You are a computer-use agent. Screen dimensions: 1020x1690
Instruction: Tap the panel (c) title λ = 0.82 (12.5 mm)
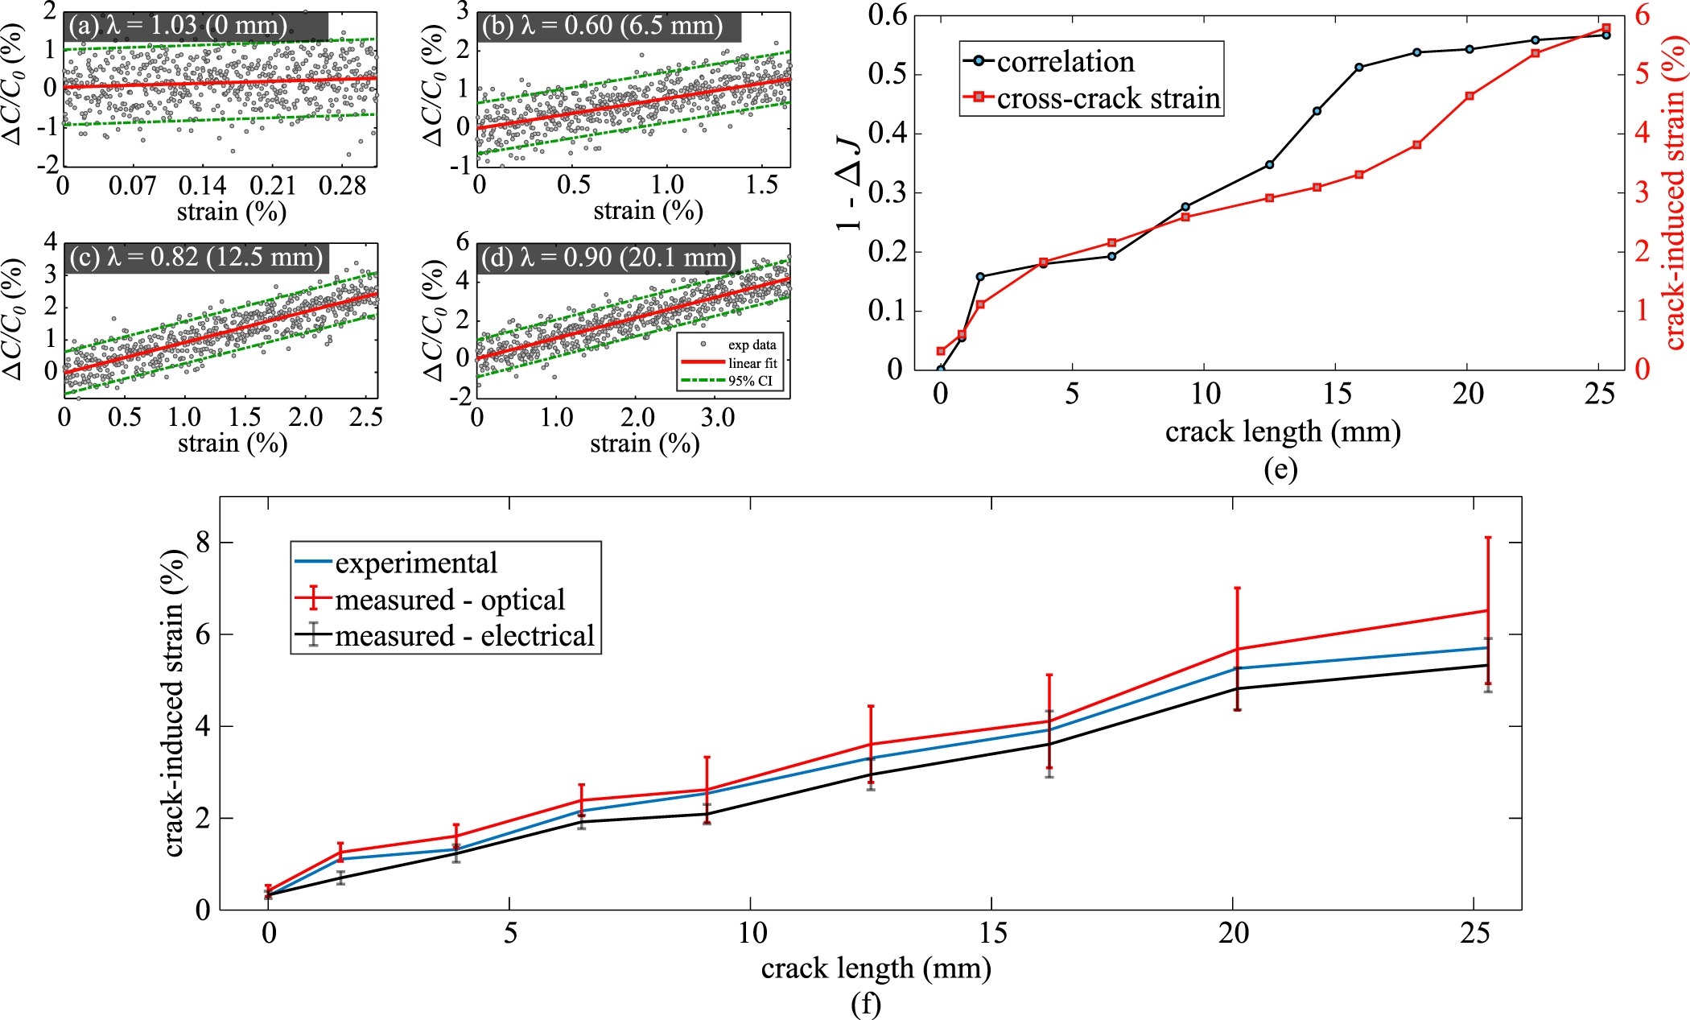pyautogui.click(x=196, y=257)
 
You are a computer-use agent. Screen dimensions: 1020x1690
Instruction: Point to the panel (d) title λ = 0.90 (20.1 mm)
pyautogui.click(x=609, y=258)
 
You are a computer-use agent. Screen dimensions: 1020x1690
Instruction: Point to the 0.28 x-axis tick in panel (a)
pyautogui.click(x=342, y=186)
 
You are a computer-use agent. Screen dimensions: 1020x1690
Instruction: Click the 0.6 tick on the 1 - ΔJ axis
pyautogui.click(x=887, y=15)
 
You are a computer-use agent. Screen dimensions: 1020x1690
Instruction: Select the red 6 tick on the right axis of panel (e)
pyautogui.click(x=1641, y=15)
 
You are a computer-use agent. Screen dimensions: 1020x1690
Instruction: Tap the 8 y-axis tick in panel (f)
pyautogui.click(x=202, y=543)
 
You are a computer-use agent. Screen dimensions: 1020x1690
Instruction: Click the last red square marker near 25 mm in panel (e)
pyautogui.click(x=1605, y=28)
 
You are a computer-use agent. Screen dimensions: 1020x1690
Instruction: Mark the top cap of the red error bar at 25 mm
pyautogui.click(x=1488, y=538)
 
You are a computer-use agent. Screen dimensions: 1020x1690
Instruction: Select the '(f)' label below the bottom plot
pyautogui.click(x=866, y=1004)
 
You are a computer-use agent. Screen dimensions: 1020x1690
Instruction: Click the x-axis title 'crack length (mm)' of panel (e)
pyautogui.click(x=1282, y=432)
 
